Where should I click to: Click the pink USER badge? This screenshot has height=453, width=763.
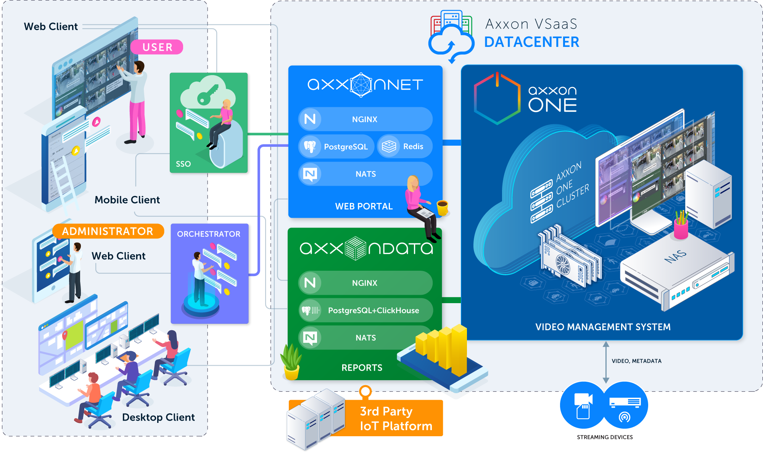pyautogui.click(x=156, y=47)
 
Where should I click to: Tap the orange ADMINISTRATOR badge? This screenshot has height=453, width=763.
pyautogui.click(x=108, y=231)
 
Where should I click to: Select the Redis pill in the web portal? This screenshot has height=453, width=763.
pyautogui.click(x=405, y=146)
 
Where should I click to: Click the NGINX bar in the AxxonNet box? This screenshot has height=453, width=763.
pyautogui.click(x=365, y=119)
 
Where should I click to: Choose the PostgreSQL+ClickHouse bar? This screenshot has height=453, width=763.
pyautogui.click(x=365, y=310)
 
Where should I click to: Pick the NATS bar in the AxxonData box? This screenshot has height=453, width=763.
pyautogui.click(x=365, y=337)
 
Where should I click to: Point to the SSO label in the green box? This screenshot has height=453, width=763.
pyautogui.click(x=183, y=164)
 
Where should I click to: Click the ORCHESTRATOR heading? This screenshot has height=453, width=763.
pyautogui.click(x=209, y=234)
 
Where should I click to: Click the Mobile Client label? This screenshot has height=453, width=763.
pyautogui.click(x=127, y=200)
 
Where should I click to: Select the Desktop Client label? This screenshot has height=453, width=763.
pyautogui.click(x=158, y=417)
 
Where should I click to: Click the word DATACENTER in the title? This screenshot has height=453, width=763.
pyautogui.click(x=532, y=42)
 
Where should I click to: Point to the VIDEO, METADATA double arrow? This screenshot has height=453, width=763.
pyautogui.click(x=606, y=362)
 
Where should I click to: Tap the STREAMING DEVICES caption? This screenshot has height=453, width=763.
pyautogui.click(x=605, y=437)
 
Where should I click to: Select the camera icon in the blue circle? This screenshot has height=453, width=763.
pyautogui.click(x=583, y=405)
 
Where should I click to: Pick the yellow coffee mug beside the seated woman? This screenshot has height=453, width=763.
pyautogui.click(x=443, y=208)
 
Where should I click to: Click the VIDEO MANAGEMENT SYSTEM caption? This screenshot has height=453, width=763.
pyautogui.click(x=603, y=327)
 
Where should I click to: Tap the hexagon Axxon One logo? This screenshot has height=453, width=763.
pyautogui.click(x=497, y=98)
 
